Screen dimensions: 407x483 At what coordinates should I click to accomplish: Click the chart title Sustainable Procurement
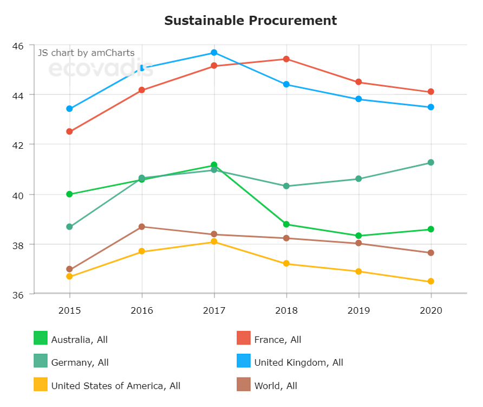[250, 21]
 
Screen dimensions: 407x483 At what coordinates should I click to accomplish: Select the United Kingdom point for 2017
[214, 53]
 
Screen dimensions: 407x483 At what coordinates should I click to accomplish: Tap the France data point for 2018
[286, 59]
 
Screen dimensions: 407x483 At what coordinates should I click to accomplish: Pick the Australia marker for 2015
[69, 194]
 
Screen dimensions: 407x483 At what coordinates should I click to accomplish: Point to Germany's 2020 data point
[430, 162]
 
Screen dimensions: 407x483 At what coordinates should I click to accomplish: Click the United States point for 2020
[430, 281]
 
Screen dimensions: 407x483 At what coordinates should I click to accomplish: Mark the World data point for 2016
[142, 227]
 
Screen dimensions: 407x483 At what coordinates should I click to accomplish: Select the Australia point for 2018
[286, 224]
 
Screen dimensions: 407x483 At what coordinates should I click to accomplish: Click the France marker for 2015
[69, 131]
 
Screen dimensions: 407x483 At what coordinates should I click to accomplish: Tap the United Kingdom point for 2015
[69, 109]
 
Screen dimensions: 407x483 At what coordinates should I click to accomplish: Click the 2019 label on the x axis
[358, 311]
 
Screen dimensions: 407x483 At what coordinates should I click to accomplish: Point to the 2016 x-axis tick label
[142, 311]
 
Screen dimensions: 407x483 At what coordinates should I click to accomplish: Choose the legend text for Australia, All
[79, 340]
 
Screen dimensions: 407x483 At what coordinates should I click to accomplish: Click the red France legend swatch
[244, 338]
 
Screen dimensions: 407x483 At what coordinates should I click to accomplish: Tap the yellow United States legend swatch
[41, 384]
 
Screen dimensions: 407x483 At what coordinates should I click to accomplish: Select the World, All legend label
[276, 386]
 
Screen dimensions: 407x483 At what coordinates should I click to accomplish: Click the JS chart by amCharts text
[86, 53]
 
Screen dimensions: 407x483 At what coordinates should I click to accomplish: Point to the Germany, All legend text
[80, 363]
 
